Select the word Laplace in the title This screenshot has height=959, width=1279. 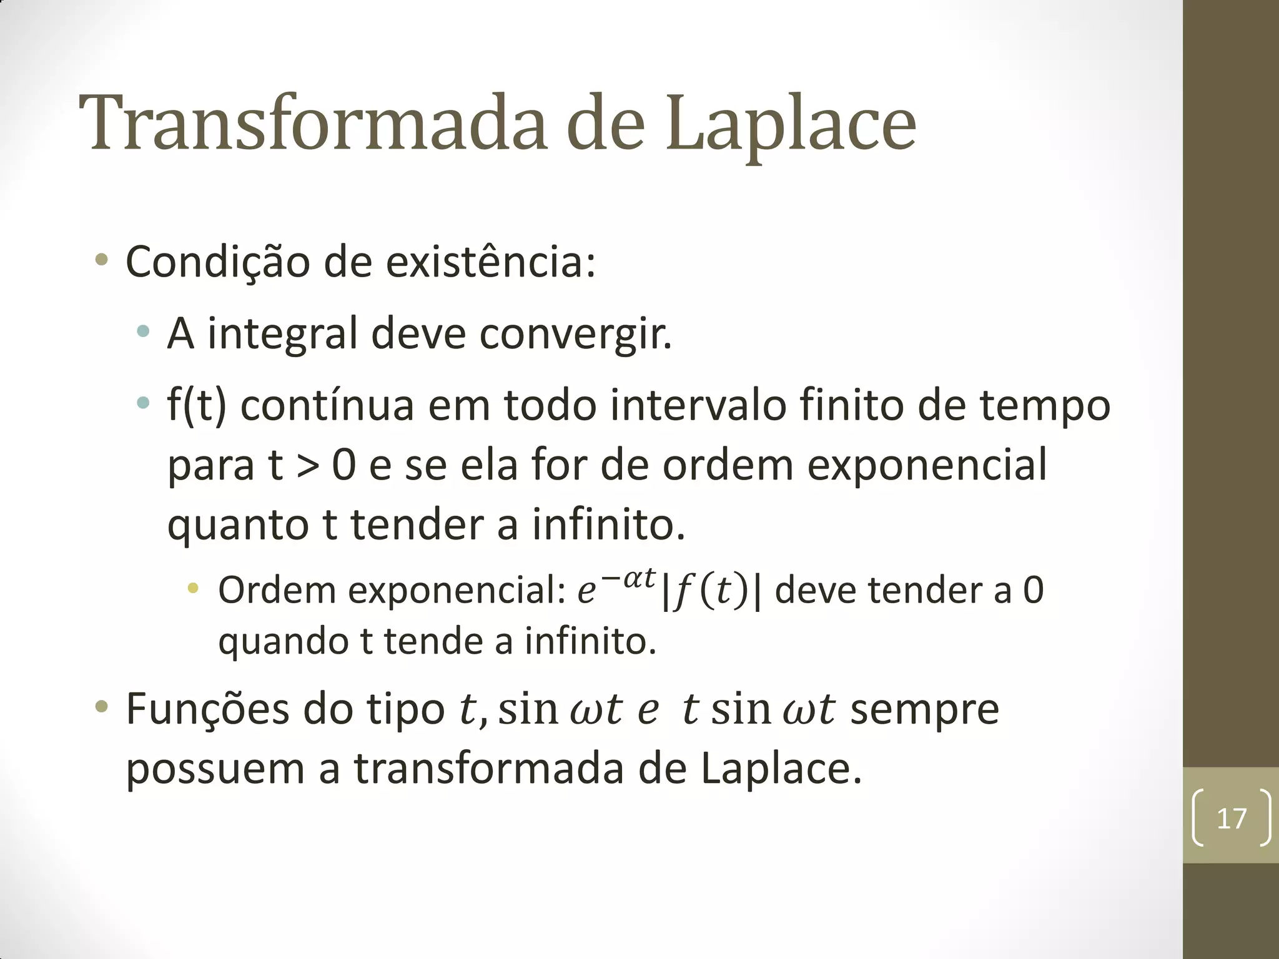790,125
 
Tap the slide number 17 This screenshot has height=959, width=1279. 1232,818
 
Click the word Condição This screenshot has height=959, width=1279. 217,262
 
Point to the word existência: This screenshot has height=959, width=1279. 490,262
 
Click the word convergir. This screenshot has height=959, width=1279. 575,334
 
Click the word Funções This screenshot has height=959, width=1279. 208,710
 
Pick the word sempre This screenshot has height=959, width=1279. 924,710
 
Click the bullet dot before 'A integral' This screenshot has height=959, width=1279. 144,332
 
